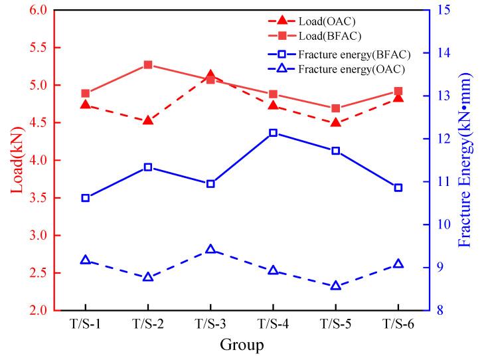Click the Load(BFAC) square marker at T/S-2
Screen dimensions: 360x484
148,65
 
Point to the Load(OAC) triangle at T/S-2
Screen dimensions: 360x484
148,120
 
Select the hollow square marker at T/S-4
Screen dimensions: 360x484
273,133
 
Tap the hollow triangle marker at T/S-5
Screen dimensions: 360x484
335,286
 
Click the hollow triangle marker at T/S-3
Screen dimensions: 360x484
210,249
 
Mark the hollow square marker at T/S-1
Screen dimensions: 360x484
86,198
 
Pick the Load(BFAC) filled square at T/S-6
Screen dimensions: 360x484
398,91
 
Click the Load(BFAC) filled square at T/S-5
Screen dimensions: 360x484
335,108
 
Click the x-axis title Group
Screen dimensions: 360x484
242,345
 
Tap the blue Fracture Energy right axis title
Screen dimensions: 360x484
465,160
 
